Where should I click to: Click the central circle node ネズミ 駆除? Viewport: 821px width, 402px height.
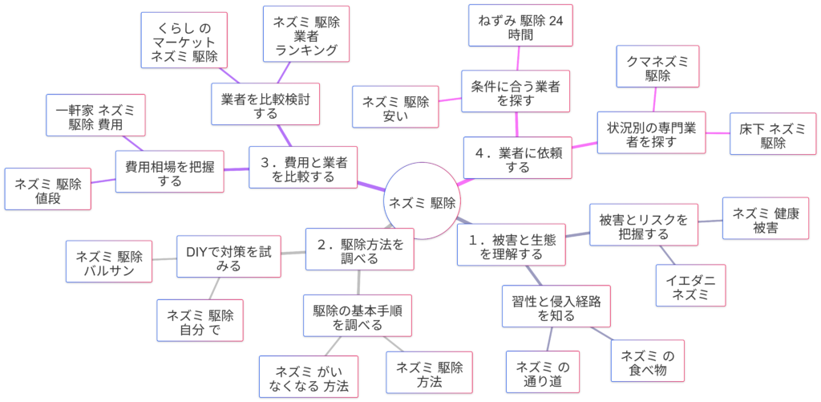tap(423, 202)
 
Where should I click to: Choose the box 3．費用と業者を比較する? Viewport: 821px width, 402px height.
tap(302, 168)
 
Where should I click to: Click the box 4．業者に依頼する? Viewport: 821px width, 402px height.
tap(519, 158)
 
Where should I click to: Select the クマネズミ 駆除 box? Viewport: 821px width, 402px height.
tap(657, 66)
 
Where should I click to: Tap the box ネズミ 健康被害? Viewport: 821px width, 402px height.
tap(760, 218)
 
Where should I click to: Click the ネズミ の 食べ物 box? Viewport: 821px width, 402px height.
tap(649, 361)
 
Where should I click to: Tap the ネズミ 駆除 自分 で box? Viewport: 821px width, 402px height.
tap(200, 320)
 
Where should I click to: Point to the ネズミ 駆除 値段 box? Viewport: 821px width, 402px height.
tap(47, 189)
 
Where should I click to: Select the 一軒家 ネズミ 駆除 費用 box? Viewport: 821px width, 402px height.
tap(95, 116)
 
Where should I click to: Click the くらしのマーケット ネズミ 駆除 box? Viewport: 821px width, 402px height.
tap(184, 39)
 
